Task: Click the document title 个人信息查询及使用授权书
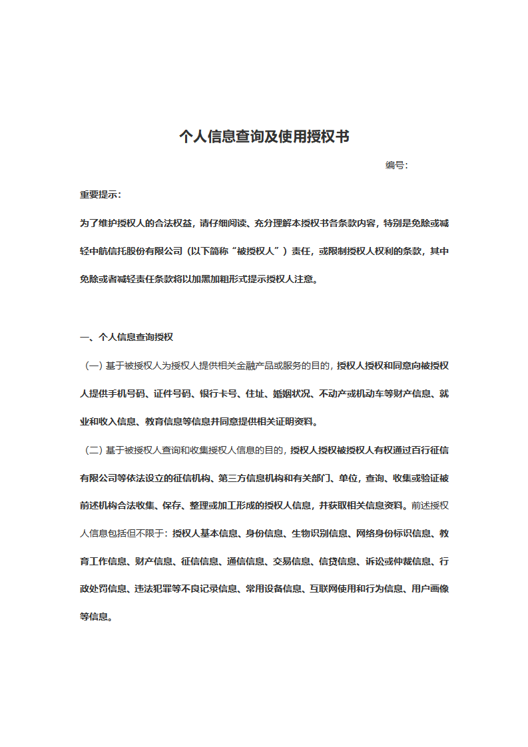pos(264,137)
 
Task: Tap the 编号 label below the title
pos(396,165)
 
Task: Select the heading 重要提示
pos(99,194)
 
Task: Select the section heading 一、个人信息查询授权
pos(127,337)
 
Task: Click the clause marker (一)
pos(93,365)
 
